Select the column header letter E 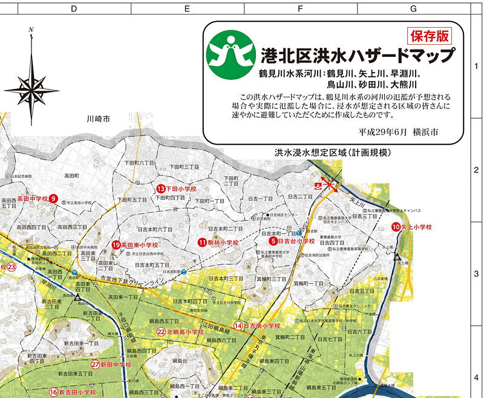click(186, 8)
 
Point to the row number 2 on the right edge click(476, 171)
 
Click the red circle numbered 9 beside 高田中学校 click(53, 198)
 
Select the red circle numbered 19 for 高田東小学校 click(116, 245)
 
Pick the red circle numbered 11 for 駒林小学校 click(202, 243)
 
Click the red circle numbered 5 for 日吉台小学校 click(273, 241)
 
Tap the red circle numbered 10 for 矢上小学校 click(396, 227)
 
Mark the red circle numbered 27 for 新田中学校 click(95, 365)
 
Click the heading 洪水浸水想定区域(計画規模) click(333, 152)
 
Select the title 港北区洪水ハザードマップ click(358, 56)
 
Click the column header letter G click(413, 8)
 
